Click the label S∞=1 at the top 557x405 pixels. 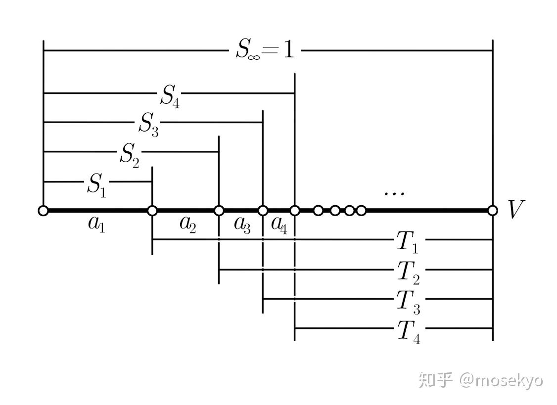[265, 50]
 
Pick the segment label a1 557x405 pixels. [96, 225]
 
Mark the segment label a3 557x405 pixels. [242, 225]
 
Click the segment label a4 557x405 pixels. [279, 225]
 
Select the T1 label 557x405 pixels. [408, 242]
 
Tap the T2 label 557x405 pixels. [409, 272]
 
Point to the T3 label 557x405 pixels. [409, 301]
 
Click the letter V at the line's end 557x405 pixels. [515, 210]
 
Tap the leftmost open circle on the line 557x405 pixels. [44, 211]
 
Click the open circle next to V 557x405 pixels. [492, 211]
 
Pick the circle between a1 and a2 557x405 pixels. [152, 211]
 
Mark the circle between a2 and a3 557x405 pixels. [219, 211]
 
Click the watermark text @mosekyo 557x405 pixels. [501, 380]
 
